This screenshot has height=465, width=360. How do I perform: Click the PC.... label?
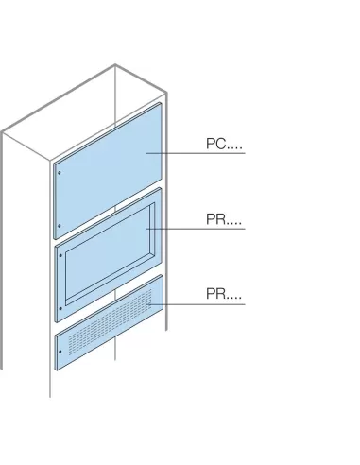pos(223,145)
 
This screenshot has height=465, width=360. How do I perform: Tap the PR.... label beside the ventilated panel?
pos(223,296)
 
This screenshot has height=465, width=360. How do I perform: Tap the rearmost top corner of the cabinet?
pos(115,65)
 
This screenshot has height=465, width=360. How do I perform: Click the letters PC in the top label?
pos(214,145)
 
